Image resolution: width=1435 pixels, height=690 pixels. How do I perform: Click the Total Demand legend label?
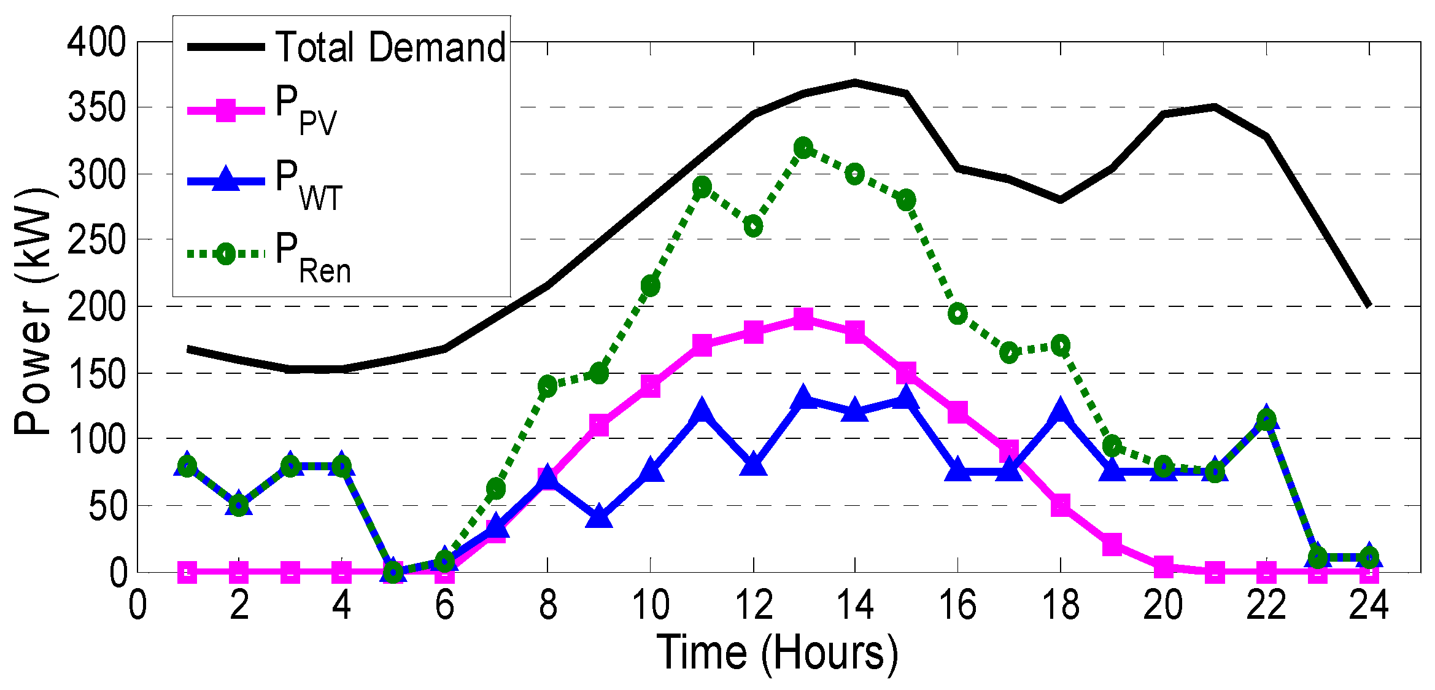[x=391, y=47]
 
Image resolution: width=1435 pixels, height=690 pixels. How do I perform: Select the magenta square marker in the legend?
[x=226, y=111]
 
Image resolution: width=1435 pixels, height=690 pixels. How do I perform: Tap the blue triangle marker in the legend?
[x=226, y=179]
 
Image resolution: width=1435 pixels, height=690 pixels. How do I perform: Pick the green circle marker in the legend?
[x=226, y=254]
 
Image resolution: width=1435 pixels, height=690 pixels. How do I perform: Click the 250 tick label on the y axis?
[x=96, y=240]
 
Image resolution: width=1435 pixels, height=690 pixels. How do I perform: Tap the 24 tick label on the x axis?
[x=1368, y=605]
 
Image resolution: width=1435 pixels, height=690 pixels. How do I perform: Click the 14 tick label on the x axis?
[x=855, y=605]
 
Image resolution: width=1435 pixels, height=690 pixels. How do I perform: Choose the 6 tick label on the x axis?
[x=444, y=605]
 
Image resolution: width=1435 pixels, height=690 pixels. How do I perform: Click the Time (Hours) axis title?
[x=777, y=653]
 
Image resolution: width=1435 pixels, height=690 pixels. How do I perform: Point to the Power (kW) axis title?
[x=34, y=312]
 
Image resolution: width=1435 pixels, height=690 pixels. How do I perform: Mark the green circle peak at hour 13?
[x=803, y=148]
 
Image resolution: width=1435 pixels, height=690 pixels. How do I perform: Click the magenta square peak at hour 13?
[x=803, y=319]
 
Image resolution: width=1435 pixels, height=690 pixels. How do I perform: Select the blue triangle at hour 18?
[x=1060, y=410]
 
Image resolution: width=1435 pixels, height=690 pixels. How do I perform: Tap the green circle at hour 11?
[x=702, y=187]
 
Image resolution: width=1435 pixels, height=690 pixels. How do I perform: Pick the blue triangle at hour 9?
[x=599, y=516]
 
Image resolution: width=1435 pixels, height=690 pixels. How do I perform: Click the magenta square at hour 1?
[x=188, y=572]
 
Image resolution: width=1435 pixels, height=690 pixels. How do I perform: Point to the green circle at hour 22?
[x=1266, y=421]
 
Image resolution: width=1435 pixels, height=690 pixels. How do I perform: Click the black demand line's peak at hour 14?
[x=855, y=82]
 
